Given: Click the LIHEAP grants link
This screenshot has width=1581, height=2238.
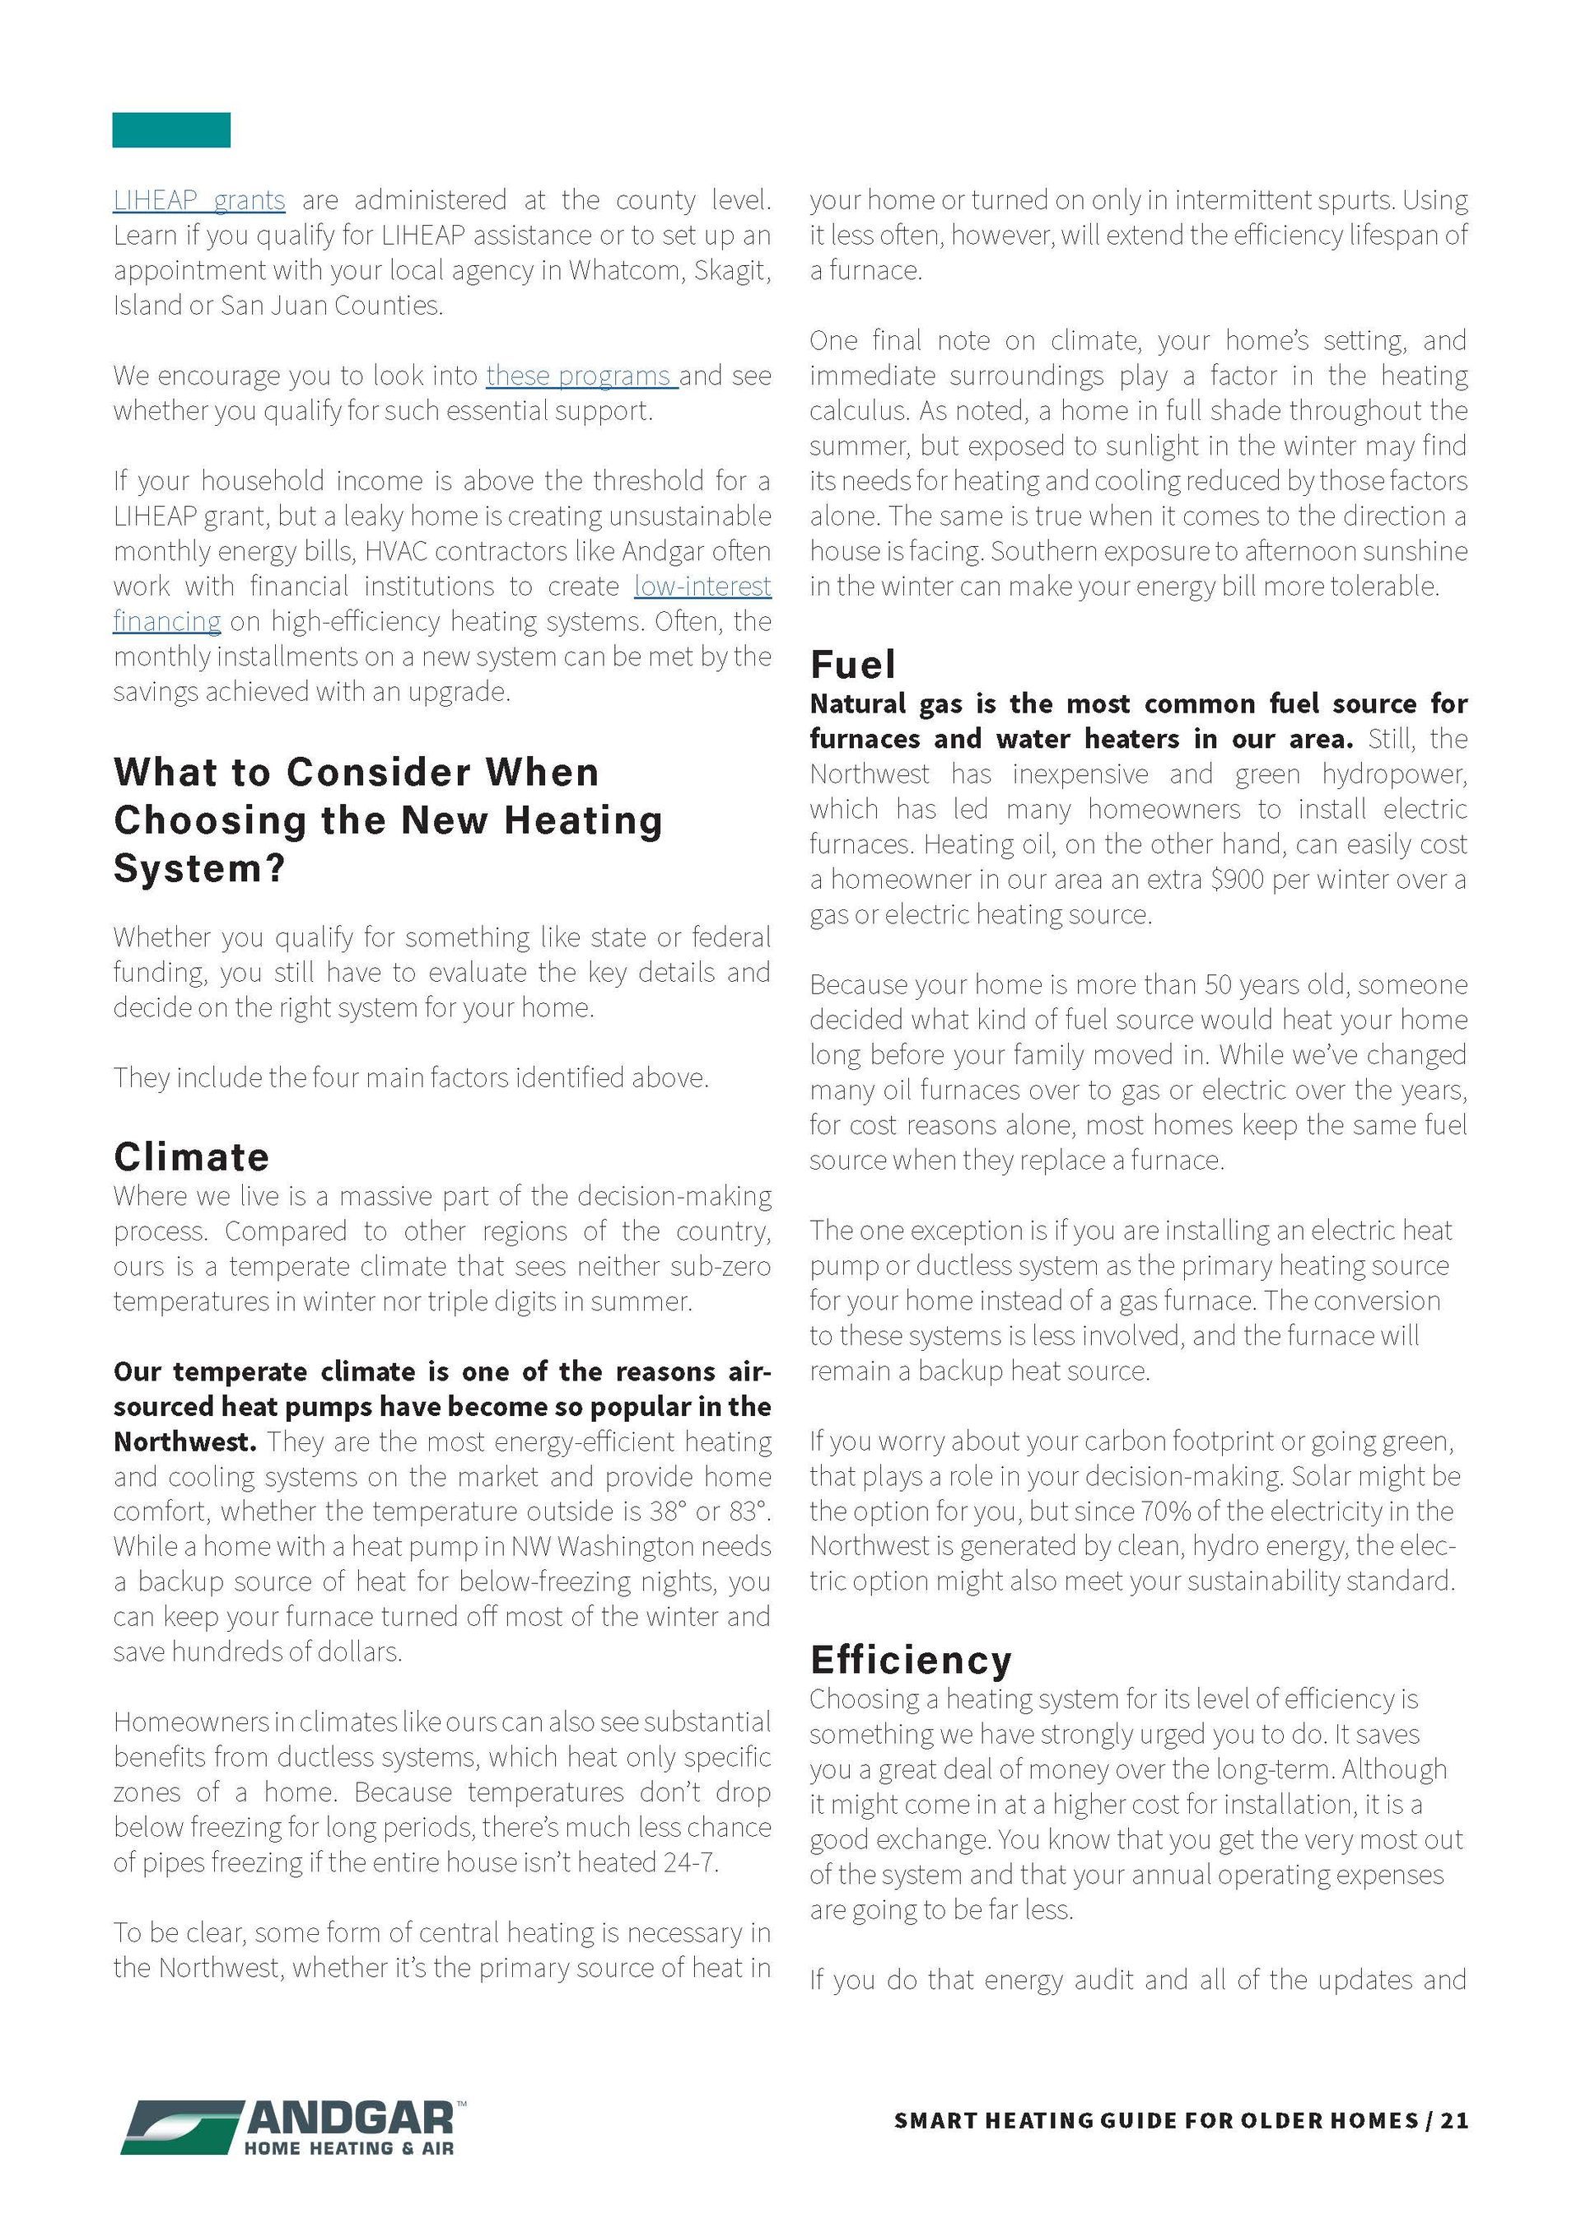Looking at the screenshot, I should tap(198, 201).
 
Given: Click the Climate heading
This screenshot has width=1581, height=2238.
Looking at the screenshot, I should tap(191, 1157).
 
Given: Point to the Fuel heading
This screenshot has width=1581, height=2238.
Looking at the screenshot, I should tap(852, 665).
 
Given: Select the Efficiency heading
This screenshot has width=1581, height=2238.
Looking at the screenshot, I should tap(911, 1660).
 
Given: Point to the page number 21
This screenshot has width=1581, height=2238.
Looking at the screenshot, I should tap(1454, 2121).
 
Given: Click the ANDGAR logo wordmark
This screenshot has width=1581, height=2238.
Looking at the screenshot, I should tap(351, 2117).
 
